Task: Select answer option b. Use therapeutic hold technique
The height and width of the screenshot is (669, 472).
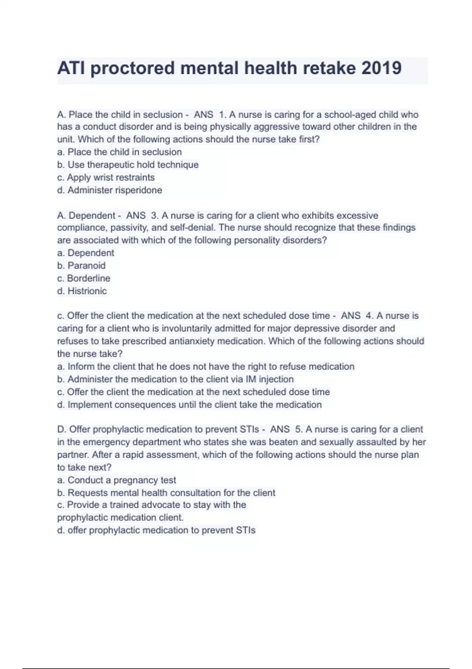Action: tap(128, 164)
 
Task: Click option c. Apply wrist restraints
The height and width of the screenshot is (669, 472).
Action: tap(106, 177)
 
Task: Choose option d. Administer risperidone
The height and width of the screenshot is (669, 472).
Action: tap(109, 190)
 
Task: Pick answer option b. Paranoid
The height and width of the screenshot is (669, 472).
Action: tap(81, 266)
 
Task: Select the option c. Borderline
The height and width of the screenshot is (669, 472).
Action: tap(84, 278)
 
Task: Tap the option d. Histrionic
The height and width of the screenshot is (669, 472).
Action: tap(82, 291)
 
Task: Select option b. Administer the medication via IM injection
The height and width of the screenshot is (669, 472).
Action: tap(175, 379)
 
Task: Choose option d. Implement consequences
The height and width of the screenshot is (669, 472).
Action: tap(189, 405)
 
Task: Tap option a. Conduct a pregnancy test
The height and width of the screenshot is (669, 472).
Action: tap(116, 480)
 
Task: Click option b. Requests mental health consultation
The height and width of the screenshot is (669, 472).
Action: tap(166, 493)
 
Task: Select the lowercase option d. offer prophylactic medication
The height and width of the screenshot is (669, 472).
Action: tap(156, 530)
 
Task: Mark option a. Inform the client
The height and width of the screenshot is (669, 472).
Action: tap(206, 367)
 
